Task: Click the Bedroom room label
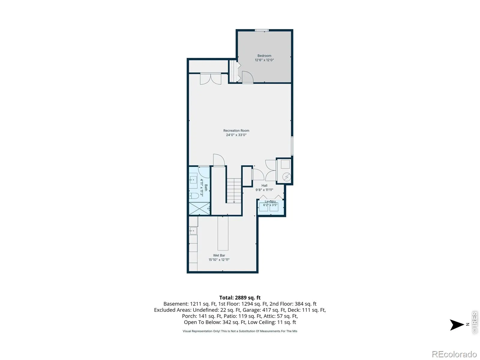264,56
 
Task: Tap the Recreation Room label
236,130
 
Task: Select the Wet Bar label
219,255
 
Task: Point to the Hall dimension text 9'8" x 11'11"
264,190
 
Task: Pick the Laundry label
270,201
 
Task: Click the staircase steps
234,190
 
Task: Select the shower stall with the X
199,208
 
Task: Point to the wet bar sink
193,231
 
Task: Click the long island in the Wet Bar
223,233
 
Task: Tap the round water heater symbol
286,177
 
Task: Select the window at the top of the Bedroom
262,30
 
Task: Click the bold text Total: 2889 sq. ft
240,298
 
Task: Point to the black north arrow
457,325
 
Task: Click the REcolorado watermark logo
454,354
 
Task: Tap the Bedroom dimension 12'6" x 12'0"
264,60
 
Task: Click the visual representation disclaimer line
240,331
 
